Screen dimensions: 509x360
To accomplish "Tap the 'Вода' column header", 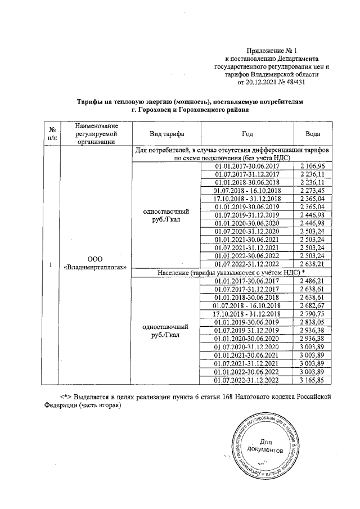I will click(313, 134).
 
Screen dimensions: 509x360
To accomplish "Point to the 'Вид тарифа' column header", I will click(166, 134).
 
